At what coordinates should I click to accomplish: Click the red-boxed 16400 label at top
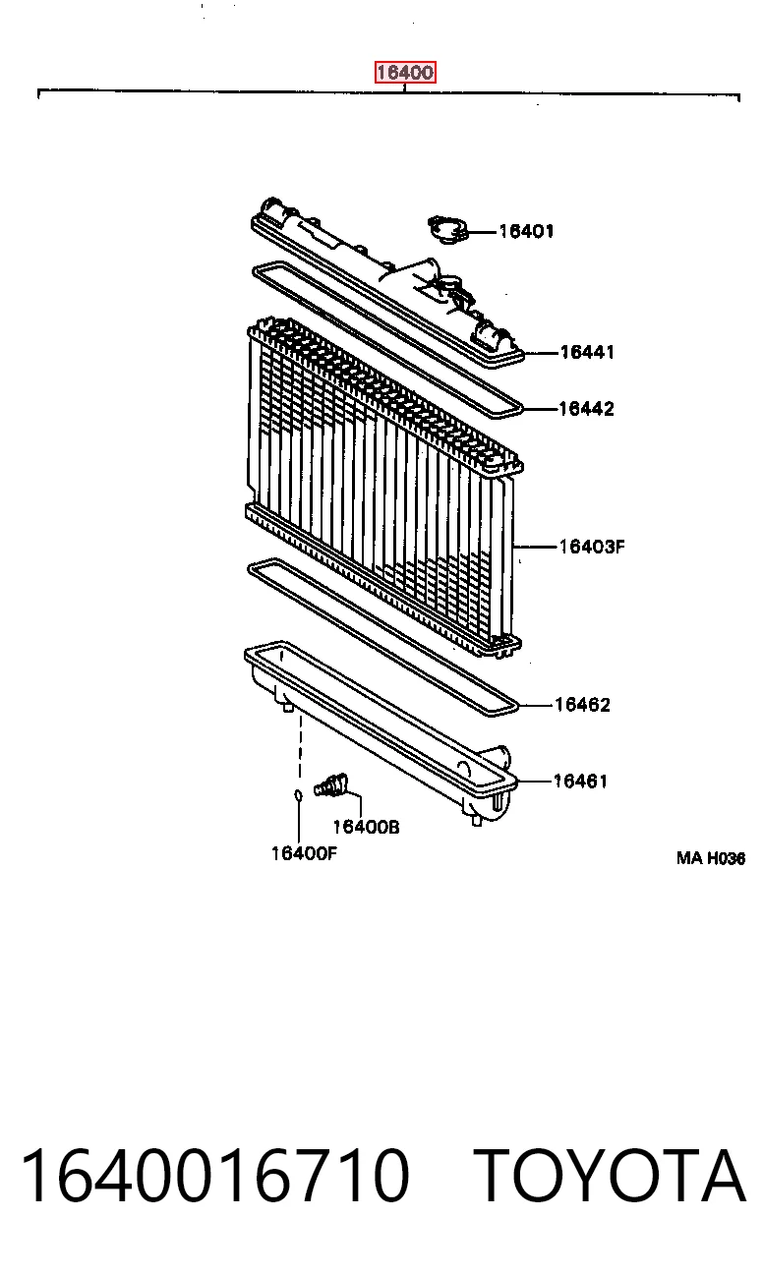(405, 73)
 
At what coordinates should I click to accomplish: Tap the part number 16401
(526, 231)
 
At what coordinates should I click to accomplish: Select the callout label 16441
(587, 352)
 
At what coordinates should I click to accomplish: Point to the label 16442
(586, 408)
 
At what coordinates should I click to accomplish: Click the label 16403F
(592, 547)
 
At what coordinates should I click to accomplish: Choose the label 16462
(582, 705)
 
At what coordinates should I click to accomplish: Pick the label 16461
(580, 781)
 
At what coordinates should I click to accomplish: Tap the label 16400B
(366, 827)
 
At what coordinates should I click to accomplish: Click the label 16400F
(304, 853)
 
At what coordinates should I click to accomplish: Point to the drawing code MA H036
(711, 858)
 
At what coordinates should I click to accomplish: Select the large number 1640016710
(214, 1176)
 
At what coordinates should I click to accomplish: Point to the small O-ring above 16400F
(298, 794)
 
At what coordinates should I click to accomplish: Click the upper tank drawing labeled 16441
(387, 282)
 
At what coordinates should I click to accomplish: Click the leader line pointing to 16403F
(536, 547)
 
